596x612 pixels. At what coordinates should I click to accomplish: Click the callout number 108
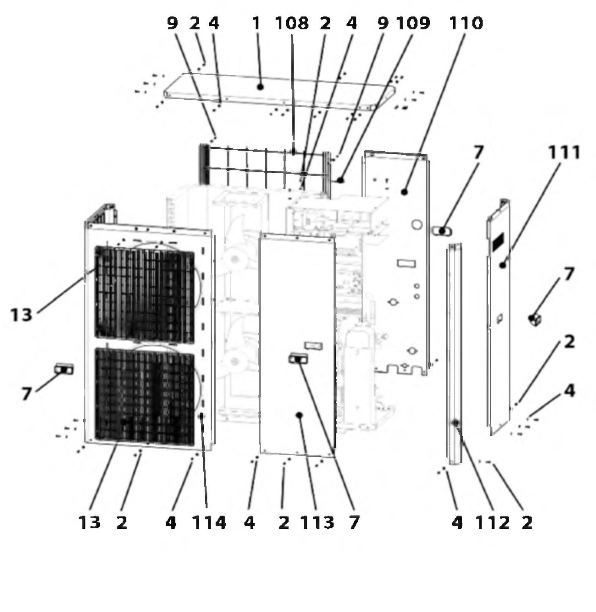[292, 23]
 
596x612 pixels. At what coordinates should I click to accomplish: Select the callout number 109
[413, 23]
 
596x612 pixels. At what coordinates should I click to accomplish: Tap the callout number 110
[466, 23]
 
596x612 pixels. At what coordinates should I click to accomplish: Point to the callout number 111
[564, 153]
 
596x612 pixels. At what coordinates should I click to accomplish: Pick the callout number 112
[492, 523]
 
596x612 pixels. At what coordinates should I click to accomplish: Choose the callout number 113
[317, 523]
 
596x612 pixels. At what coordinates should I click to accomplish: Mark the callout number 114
[209, 523]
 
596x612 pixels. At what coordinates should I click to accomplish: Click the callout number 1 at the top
[256, 23]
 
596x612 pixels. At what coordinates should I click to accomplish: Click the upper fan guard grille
[145, 294]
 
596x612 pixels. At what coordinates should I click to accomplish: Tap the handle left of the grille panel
[64, 369]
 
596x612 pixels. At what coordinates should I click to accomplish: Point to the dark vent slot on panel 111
[498, 242]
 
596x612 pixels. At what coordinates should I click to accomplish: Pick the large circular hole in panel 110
[417, 224]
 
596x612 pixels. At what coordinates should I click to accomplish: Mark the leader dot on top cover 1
[260, 87]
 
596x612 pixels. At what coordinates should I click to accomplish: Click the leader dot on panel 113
[299, 415]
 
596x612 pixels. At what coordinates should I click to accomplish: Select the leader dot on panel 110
[404, 191]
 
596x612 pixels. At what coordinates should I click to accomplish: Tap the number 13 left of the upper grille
[22, 315]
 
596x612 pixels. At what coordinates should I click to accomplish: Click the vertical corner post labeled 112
[454, 353]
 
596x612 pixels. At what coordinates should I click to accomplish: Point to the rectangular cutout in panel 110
[406, 264]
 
